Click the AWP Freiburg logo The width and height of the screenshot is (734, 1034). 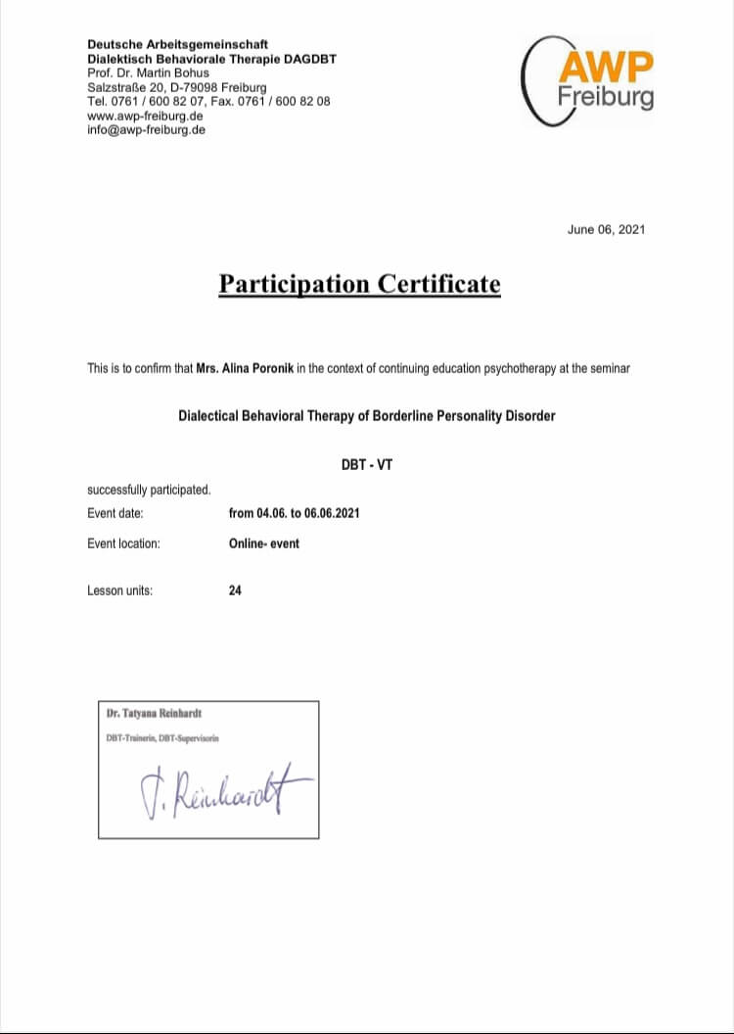(x=592, y=79)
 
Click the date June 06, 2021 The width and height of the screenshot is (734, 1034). (x=606, y=229)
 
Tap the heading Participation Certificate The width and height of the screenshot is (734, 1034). (x=359, y=284)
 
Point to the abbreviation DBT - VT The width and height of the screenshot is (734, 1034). (x=366, y=465)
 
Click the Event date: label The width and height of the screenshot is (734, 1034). (x=115, y=513)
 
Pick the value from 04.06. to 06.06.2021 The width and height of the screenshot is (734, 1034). (x=294, y=513)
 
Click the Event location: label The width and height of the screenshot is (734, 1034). (x=123, y=542)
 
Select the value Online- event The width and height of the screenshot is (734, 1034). (x=264, y=542)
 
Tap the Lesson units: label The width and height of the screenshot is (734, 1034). (x=119, y=590)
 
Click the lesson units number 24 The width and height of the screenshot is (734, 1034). (x=235, y=590)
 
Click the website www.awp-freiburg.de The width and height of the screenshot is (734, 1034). (x=145, y=116)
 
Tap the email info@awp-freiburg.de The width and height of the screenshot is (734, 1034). (x=146, y=129)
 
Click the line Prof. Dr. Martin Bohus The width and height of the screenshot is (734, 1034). (x=148, y=72)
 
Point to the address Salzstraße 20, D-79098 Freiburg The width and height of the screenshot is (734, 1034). (x=176, y=87)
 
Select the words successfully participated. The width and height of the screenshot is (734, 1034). (x=149, y=490)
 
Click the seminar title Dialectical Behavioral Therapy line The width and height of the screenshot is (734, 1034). (x=366, y=416)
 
